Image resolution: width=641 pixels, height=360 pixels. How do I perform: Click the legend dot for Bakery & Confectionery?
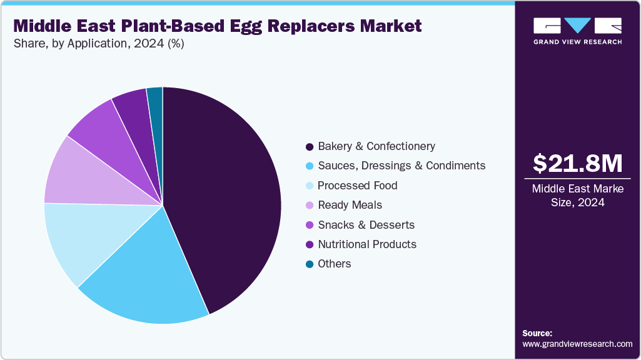[x=309, y=147]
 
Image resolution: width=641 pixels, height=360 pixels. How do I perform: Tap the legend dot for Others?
[x=309, y=264]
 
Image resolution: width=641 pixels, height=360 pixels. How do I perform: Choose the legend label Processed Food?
[x=357, y=186]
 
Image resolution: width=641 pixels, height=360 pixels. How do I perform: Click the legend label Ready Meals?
[x=350, y=205]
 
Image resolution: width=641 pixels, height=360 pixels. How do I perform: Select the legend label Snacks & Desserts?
[x=366, y=225]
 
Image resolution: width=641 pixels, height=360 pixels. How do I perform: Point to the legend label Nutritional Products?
[x=367, y=244]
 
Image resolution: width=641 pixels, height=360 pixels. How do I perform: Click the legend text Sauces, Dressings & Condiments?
[x=401, y=166]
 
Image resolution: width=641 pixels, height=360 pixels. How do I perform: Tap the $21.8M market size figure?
[x=577, y=164]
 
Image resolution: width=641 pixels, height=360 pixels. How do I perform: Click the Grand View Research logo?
[x=577, y=31]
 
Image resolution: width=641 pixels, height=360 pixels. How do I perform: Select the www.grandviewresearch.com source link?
[x=577, y=344]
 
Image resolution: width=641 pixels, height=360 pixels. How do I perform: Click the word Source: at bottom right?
[x=537, y=333]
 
